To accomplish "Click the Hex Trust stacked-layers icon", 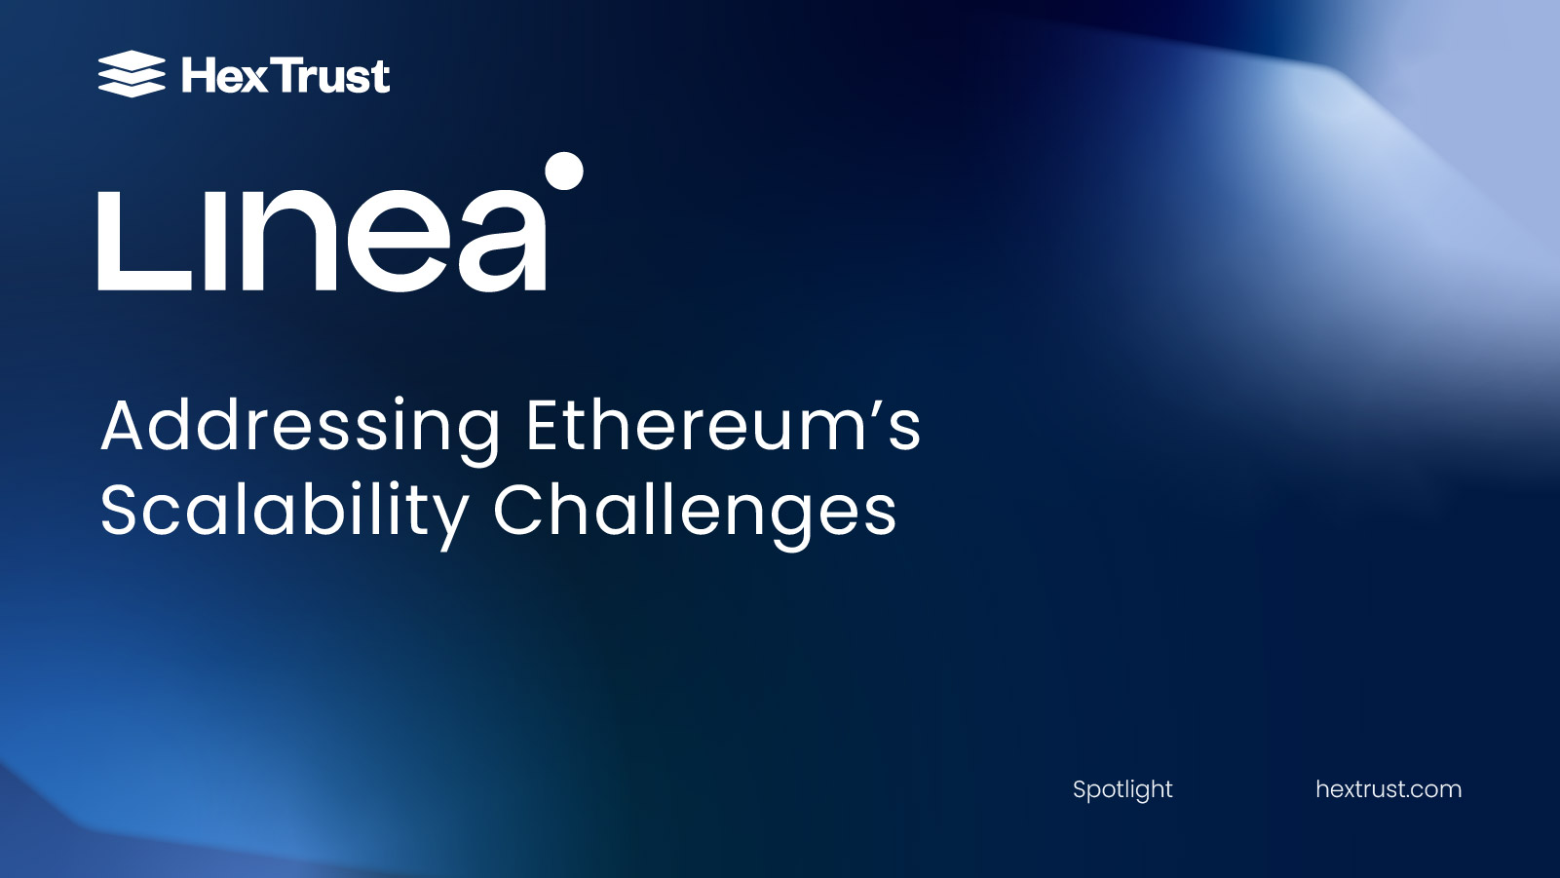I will click(132, 74).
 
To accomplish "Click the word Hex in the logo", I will click(223, 76).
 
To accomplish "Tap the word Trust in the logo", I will click(332, 76).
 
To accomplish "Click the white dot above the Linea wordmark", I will click(564, 171).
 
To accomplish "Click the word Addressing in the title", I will click(300, 427).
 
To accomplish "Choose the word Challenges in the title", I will click(694, 512).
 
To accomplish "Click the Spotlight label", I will click(1122, 789).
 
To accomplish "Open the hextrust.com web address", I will click(1389, 789).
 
